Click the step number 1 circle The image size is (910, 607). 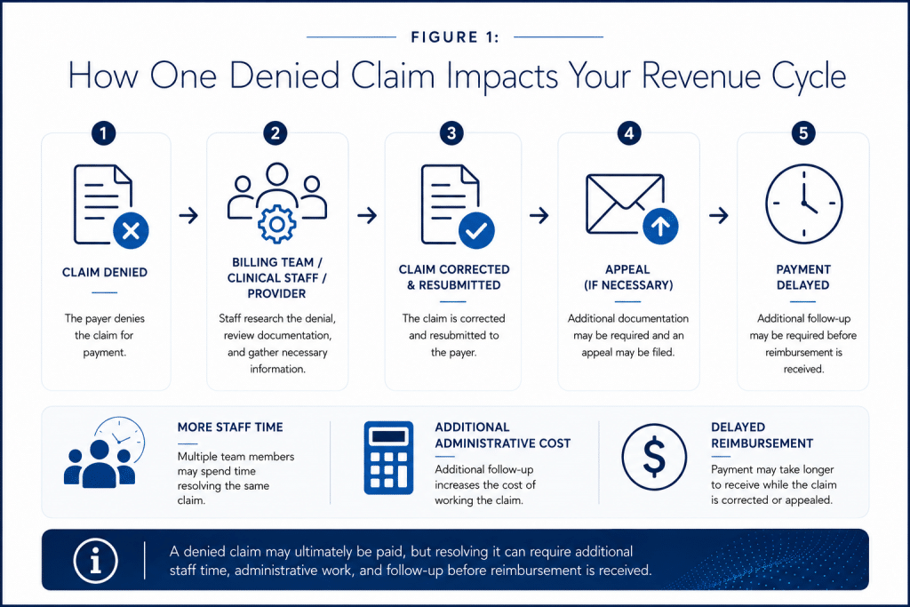(103, 133)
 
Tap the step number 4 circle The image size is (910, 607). (629, 133)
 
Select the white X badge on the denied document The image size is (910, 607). (132, 231)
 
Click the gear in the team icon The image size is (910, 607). (277, 224)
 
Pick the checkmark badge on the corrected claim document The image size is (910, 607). (476, 230)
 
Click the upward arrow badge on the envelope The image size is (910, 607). (660, 227)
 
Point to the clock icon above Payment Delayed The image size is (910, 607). (803, 204)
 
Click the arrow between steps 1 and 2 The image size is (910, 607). (188, 216)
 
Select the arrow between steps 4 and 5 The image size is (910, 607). (718, 216)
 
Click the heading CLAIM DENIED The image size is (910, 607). (105, 272)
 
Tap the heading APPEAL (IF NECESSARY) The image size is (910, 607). (628, 277)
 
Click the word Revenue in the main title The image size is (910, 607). (700, 76)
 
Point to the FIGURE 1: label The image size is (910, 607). (455, 37)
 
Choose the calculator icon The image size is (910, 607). (389, 458)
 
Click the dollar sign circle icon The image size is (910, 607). (654, 458)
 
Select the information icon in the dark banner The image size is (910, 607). (96, 561)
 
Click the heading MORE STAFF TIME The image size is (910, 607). (230, 427)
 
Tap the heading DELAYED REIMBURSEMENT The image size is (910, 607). (762, 435)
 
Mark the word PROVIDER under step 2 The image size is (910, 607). (277, 293)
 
